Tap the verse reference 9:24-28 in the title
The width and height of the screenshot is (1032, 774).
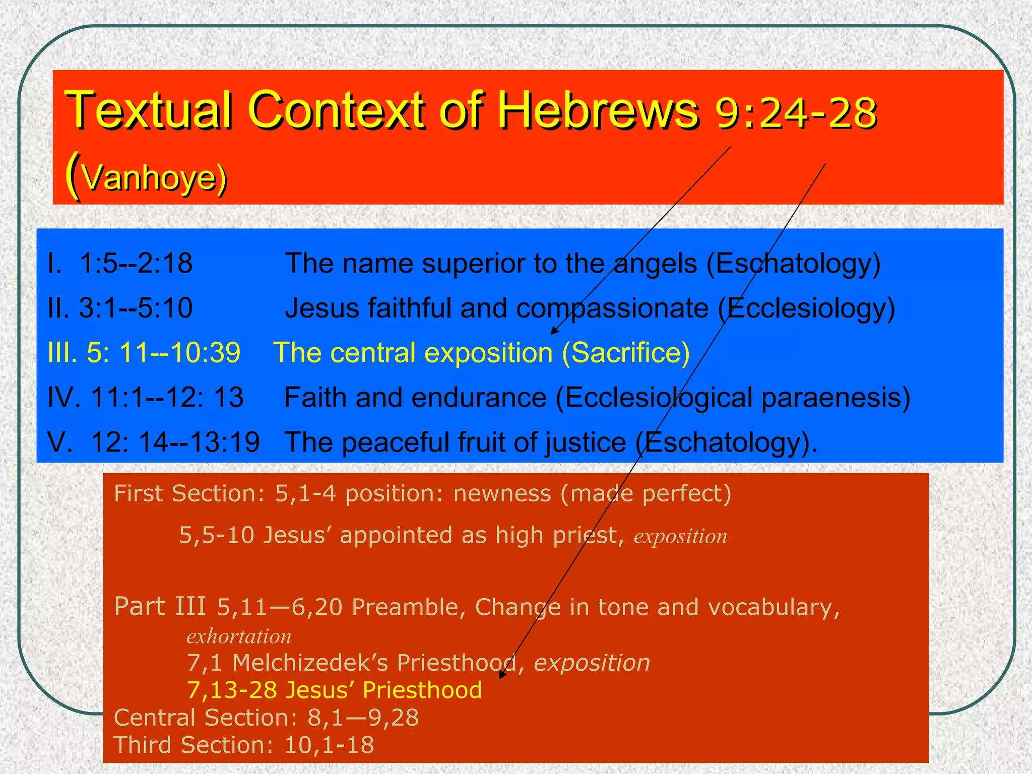pyautogui.click(x=796, y=113)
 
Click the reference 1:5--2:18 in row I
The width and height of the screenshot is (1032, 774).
pyautogui.click(x=136, y=263)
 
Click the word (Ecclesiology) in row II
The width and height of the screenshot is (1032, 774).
pyautogui.click(x=806, y=308)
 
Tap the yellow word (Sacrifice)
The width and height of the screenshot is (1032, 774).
pyautogui.click(x=625, y=352)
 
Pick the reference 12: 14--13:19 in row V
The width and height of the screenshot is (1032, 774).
pyautogui.click(x=175, y=442)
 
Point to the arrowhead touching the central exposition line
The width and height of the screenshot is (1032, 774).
pyautogui.click(x=554, y=331)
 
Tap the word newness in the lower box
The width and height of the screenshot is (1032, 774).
pyautogui.click(x=502, y=493)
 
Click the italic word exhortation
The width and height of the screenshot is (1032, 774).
pyautogui.click(x=239, y=636)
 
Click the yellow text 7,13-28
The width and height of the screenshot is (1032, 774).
pyautogui.click(x=232, y=690)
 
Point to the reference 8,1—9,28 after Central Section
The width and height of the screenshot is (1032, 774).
pyautogui.click(x=363, y=718)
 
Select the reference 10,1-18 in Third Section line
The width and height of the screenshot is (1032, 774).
pyautogui.click(x=329, y=745)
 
